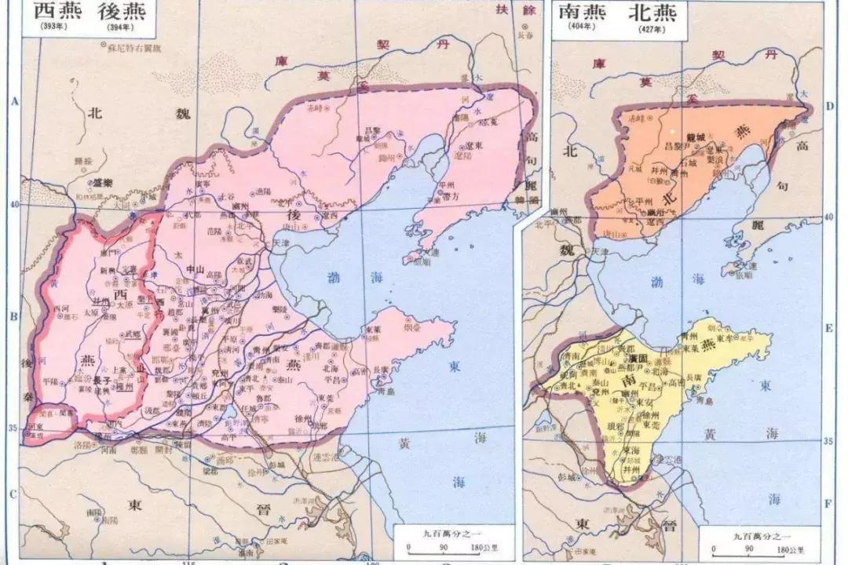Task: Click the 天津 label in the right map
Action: [x=600, y=251]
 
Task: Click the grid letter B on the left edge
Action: [x=13, y=316]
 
